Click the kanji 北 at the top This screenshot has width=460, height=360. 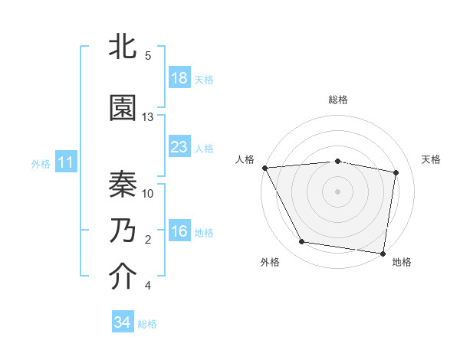[x=123, y=47]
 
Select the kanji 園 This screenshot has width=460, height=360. [x=123, y=108]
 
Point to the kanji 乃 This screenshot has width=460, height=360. [x=123, y=230]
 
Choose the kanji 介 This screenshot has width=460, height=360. [x=123, y=277]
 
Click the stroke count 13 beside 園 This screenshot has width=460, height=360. [x=148, y=117]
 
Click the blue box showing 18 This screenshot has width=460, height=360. [x=179, y=78]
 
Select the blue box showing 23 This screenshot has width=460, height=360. [x=179, y=147]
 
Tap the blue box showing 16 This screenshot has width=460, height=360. [x=179, y=231]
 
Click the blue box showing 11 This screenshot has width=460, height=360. [x=65, y=162]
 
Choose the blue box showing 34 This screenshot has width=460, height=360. [x=122, y=322]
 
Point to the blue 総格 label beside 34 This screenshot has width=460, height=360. [x=148, y=324]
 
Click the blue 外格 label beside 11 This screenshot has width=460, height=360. [x=41, y=163]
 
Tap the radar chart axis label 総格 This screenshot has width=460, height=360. [x=338, y=100]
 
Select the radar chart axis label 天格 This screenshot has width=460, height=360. [x=432, y=159]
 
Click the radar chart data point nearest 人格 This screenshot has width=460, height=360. [x=264, y=168]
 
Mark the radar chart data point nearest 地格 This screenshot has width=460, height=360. [x=383, y=253]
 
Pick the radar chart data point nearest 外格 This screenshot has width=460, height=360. [x=302, y=242]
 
